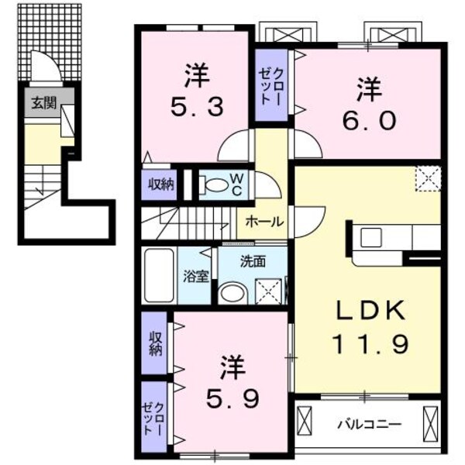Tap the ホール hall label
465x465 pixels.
tap(263, 221)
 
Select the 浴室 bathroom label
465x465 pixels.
tap(195, 275)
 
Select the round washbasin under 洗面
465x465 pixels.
tap(230, 293)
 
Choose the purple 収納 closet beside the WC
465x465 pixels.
tap(161, 184)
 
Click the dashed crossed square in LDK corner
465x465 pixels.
tap(427, 178)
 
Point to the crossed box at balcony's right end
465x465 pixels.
tap(431, 423)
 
